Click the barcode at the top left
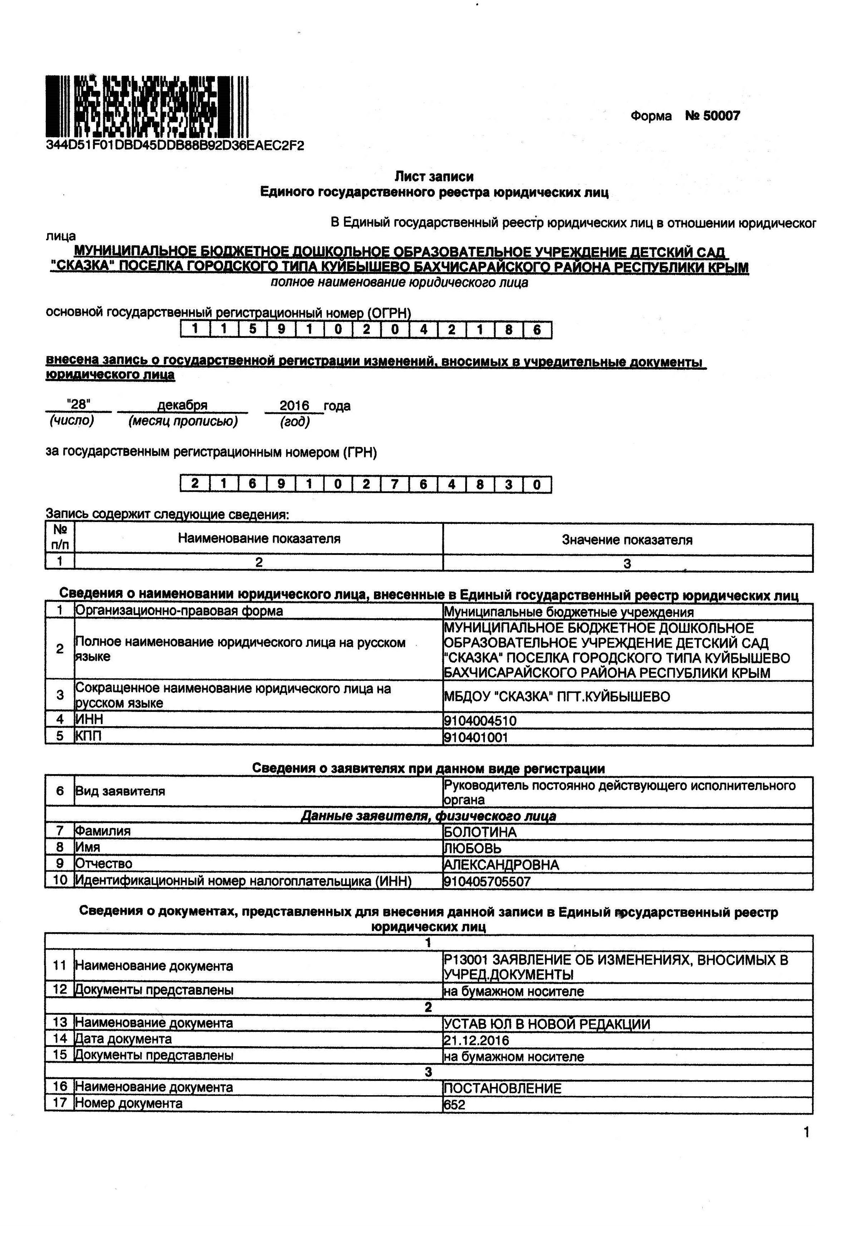click(146, 106)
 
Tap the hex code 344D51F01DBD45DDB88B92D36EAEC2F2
click(175, 145)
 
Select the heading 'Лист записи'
click(434, 176)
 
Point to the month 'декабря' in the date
click(182, 405)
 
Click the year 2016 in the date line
click(294, 405)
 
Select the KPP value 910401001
click(476, 737)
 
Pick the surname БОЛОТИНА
click(480, 832)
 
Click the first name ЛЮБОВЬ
click(472, 848)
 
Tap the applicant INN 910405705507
click(487, 881)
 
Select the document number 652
click(454, 1105)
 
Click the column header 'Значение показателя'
click(627, 540)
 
